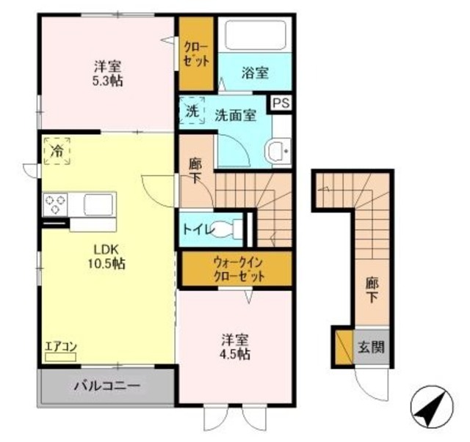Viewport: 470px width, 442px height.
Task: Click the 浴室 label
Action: [255, 73]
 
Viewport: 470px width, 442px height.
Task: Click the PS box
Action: [281, 103]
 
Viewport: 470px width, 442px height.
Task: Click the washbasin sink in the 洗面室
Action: [278, 151]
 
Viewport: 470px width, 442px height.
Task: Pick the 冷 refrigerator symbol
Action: [57, 152]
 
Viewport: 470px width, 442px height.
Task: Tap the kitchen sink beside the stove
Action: [98, 203]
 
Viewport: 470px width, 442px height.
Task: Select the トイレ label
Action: [199, 230]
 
